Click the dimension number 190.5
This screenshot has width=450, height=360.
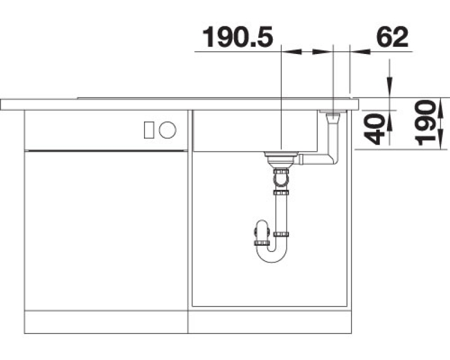237,37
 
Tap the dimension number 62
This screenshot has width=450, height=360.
392,37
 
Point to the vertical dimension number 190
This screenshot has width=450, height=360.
426,123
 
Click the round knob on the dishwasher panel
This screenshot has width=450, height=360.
168,130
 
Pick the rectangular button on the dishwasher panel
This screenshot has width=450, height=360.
149,130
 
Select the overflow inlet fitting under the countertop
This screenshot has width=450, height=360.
333,116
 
